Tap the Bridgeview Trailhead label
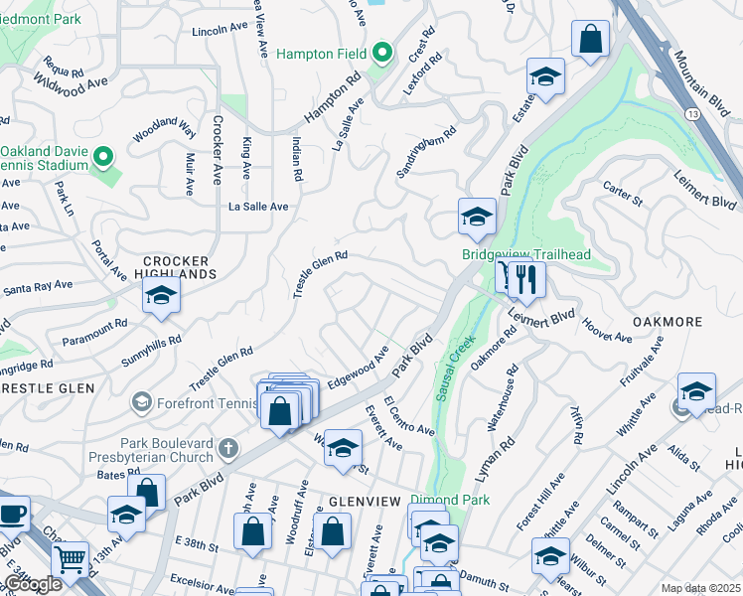point(526,255)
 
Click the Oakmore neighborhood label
point(668,322)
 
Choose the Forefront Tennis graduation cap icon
point(141,402)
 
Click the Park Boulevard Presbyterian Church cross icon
point(228,449)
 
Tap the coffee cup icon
point(12,514)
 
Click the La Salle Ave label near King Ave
point(258,207)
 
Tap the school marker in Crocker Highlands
point(161,297)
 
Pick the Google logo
point(32,583)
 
